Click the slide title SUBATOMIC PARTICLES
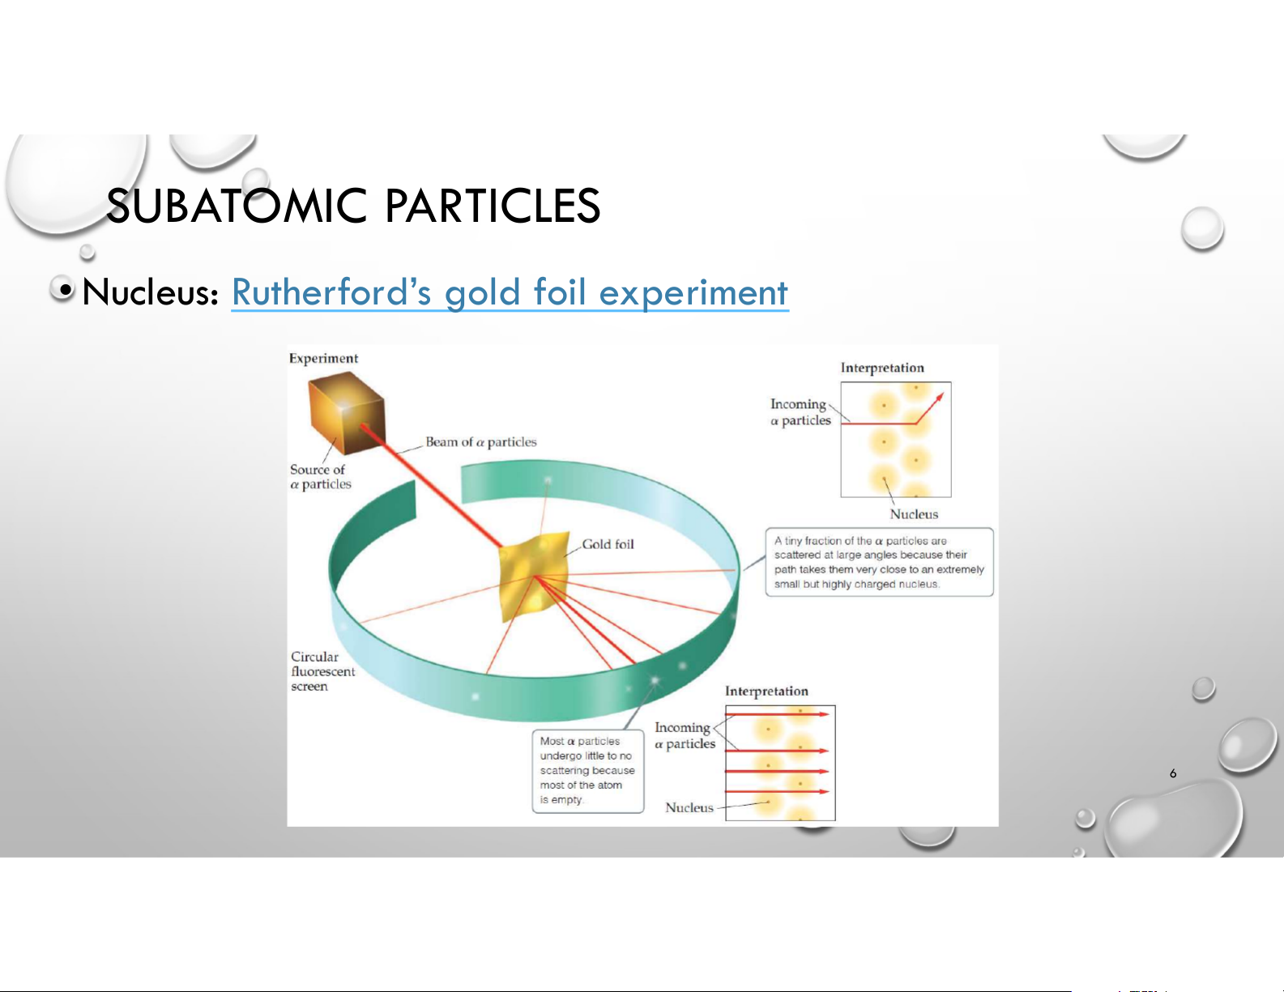(353, 206)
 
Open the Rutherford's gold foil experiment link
(510, 292)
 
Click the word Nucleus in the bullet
(151, 292)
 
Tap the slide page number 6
(1173, 773)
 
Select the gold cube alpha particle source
(347, 413)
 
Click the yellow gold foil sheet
(534, 576)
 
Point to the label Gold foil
(608, 544)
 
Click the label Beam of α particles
(481, 442)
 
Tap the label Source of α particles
(320, 476)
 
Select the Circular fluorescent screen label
(322, 671)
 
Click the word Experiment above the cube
(323, 359)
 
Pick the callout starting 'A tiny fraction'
(879, 562)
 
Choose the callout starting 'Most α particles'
(588, 771)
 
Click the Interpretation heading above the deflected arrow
(882, 368)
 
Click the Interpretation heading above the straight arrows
(766, 692)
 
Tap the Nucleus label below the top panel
(914, 514)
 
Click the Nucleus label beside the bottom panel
(689, 808)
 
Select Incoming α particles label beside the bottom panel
(685, 736)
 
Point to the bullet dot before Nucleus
(66, 290)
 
